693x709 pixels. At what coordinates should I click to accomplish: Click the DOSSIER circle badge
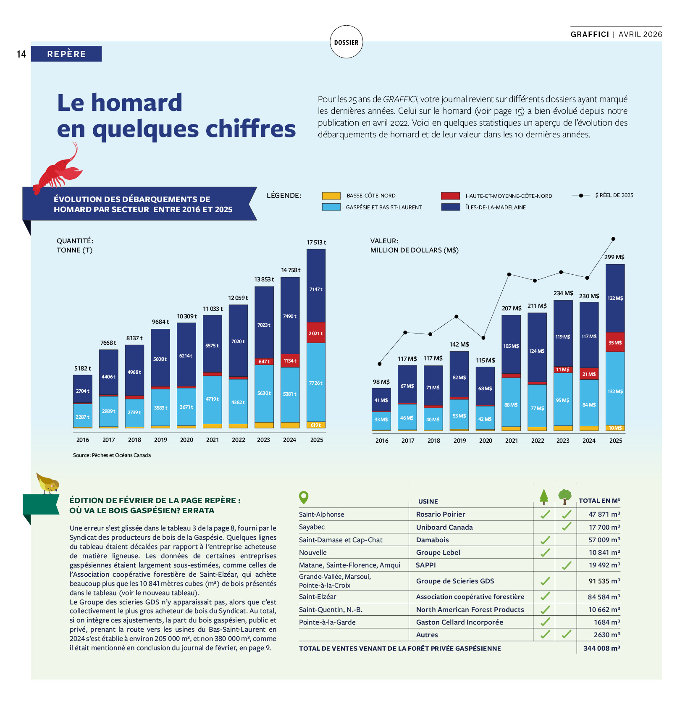pyautogui.click(x=346, y=42)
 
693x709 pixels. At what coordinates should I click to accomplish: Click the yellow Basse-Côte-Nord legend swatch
pyautogui.click(x=331, y=196)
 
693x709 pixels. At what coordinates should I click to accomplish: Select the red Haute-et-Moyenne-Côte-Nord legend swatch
pyautogui.click(x=450, y=196)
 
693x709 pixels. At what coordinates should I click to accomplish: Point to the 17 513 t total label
pyautogui.click(x=316, y=242)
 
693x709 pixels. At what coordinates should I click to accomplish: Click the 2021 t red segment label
pyautogui.click(x=316, y=333)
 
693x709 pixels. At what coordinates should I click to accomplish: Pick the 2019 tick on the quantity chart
pyautogui.click(x=160, y=440)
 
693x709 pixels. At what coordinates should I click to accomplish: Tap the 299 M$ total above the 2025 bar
pyautogui.click(x=614, y=257)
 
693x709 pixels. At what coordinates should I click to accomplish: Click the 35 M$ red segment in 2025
pyautogui.click(x=615, y=343)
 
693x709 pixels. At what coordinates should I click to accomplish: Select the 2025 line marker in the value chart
pyautogui.click(x=613, y=239)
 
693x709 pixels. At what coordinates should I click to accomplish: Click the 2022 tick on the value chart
pyautogui.click(x=538, y=441)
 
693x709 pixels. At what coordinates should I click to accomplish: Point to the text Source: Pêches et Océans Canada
pyautogui.click(x=112, y=455)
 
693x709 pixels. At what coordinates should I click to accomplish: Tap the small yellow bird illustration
pyautogui.click(x=48, y=483)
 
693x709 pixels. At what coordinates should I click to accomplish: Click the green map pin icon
pyautogui.click(x=304, y=498)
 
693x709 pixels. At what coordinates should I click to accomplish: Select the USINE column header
pyautogui.click(x=428, y=502)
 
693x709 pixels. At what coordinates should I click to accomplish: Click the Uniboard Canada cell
pyautogui.click(x=444, y=527)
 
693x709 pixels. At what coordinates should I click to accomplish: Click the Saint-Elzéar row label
pyautogui.click(x=318, y=597)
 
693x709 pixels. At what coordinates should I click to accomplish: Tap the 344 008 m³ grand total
pyautogui.click(x=601, y=649)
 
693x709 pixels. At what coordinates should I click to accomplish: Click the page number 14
pyautogui.click(x=21, y=54)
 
